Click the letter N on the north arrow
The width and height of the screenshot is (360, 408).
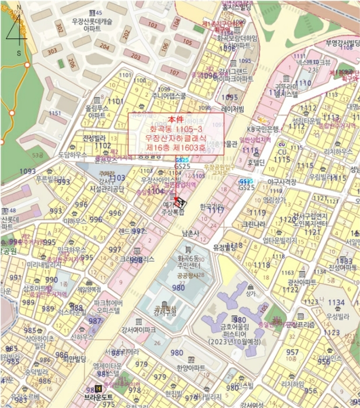(19, 7)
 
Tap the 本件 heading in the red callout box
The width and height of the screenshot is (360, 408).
(176, 119)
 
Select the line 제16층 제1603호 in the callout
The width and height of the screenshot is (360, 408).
(176, 148)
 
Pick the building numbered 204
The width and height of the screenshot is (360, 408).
(104, 46)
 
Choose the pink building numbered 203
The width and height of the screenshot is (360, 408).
(135, 56)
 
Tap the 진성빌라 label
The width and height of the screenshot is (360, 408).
(93, 138)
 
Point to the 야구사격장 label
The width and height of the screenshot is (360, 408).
(281, 182)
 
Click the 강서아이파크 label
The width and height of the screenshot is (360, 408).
(138, 330)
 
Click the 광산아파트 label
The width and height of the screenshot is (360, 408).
(302, 282)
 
